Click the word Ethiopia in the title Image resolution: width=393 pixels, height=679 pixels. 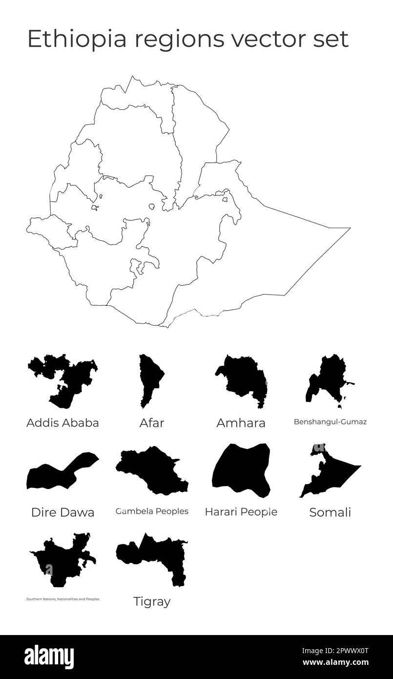tap(69, 39)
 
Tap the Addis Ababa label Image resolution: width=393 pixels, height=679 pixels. tap(62, 423)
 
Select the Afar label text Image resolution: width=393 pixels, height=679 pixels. tap(152, 423)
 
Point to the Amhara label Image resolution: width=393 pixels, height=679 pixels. tap(241, 423)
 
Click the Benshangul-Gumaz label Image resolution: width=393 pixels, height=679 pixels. tap(330, 422)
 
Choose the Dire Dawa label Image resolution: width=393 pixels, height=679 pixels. tap(62, 512)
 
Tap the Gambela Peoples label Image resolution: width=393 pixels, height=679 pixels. tap(152, 511)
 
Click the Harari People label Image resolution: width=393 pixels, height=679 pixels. tap(241, 512)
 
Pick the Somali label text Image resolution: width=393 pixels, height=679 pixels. tap(330, 512)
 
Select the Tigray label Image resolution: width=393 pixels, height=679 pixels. tap(152, 602)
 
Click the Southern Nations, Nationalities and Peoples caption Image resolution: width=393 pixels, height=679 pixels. tap(62, 599)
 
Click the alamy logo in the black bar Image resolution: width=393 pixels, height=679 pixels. tap(49, 657)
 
